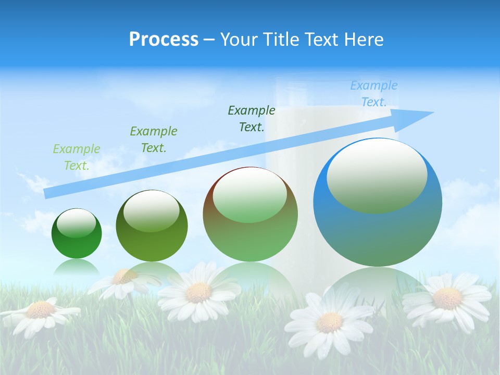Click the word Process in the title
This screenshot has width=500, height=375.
click(x=164, y=39)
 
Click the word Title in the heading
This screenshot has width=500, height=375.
click(x=282, y=39)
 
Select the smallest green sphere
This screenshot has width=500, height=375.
click(x=77, y=234)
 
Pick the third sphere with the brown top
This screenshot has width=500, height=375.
click(x=250, y=215)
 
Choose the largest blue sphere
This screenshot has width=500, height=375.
click(x=378, y=203)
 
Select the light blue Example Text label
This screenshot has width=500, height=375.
click(x=374, y=94)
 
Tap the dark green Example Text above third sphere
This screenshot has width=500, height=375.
click(x=252, y=118)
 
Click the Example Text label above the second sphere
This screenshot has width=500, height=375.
click(x=154, y=140)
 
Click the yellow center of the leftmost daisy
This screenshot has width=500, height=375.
click(x=40, y=310)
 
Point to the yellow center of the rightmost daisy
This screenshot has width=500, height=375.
click(x=447, y=298)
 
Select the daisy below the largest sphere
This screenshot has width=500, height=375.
click(x=329, y=321)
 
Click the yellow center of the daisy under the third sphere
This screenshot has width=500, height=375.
click(x=198, y=293)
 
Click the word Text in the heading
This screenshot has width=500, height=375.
click(x=322, y=39)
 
